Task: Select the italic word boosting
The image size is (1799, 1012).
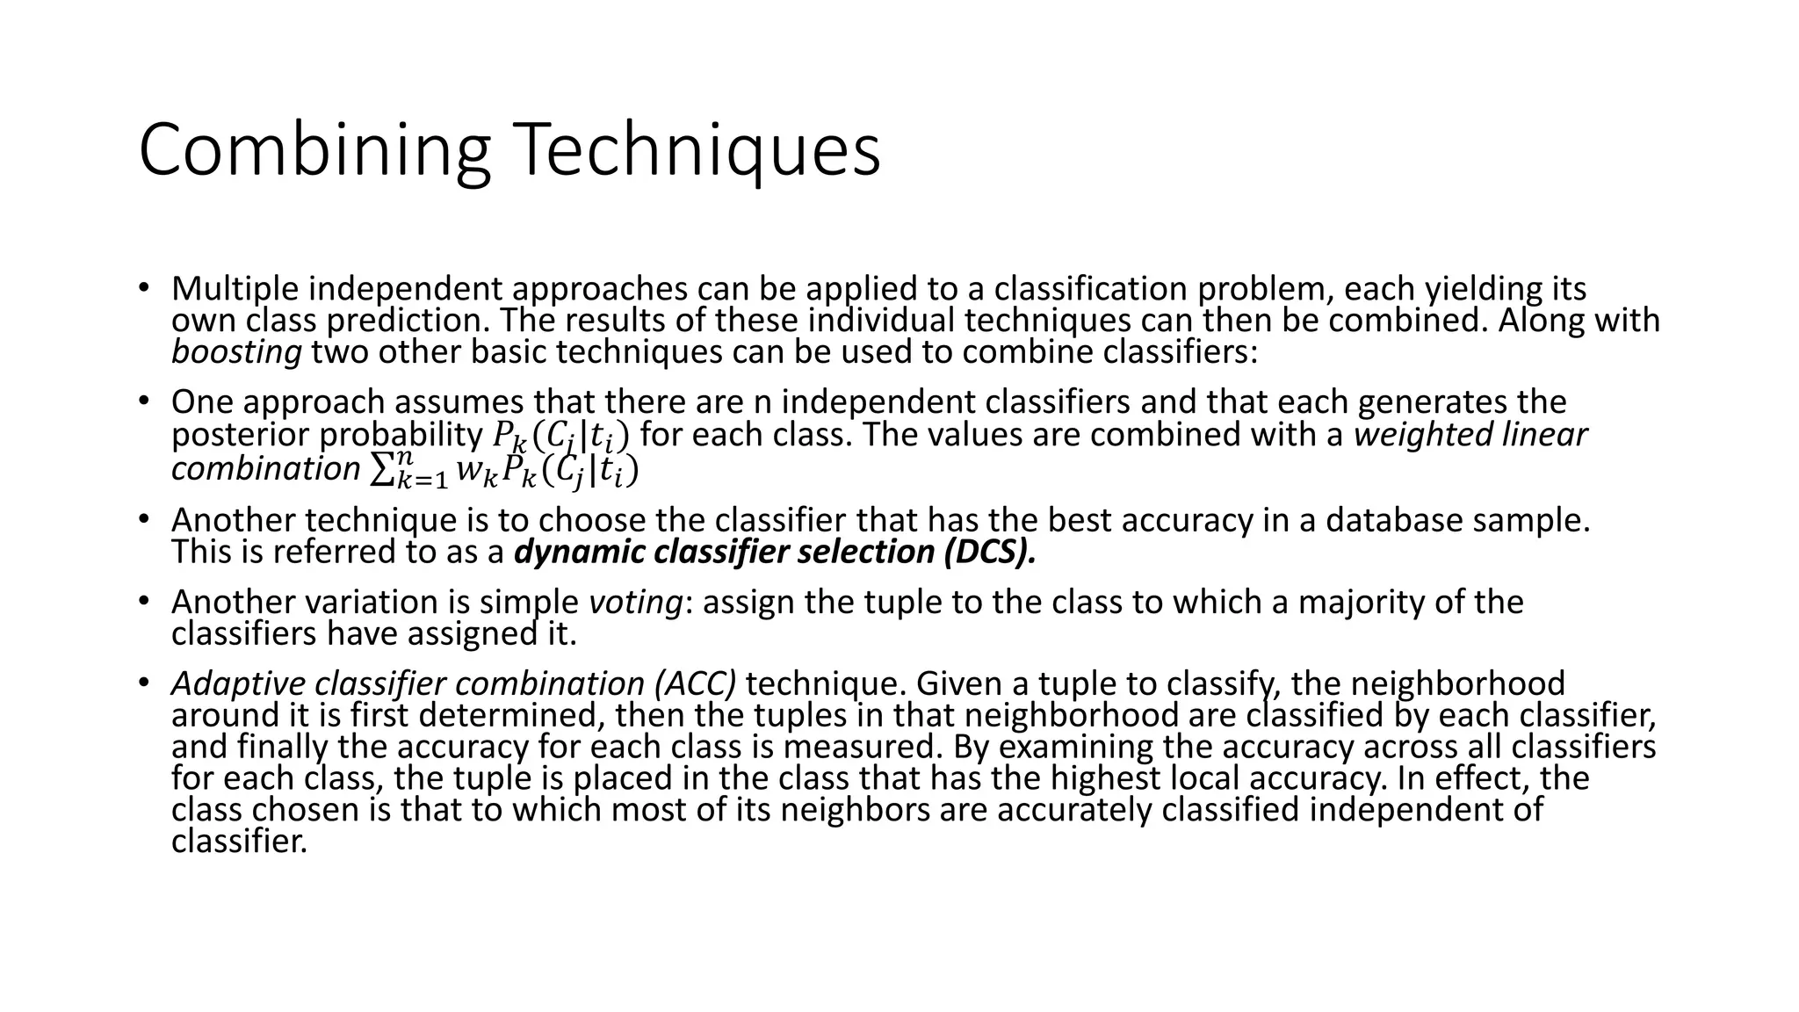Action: click(236, 352)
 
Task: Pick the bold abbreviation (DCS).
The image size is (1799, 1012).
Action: click(991, 553)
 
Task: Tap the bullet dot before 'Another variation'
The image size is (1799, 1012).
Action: click(144, 602)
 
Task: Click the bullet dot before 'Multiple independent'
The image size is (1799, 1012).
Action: click(144, 288)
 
